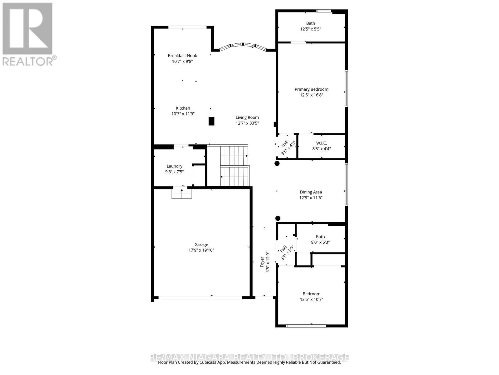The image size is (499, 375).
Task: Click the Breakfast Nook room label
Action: click(x=182, y=56)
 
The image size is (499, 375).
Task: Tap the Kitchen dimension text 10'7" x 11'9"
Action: click(x=183, y=114)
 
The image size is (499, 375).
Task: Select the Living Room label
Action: click(x=247, y=117)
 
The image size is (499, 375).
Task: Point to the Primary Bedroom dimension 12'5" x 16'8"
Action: click(x=311, y=95)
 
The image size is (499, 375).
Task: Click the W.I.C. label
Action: click(x=321, y=143)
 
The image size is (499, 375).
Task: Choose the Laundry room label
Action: click(x=174, y=166)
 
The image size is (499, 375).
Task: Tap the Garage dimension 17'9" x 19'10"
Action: click(x=201, y=250)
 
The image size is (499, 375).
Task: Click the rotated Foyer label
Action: click(x=262, y=262)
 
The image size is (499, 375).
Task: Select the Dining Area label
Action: click(x=311, y=192)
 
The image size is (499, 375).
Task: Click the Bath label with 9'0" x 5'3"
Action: click(x=320, y=237)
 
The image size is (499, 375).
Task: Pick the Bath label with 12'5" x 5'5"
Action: click(x=310, y=23)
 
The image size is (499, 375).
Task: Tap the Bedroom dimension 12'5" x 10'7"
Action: click(x=311, y=299)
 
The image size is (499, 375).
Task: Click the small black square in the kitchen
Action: click(x=211, y=121)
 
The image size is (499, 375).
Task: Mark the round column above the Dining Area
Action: click(x=277, y=163)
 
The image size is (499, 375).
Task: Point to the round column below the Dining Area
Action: click(x=278, y=218)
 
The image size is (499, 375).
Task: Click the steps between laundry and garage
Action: click(x=182, y=194)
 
